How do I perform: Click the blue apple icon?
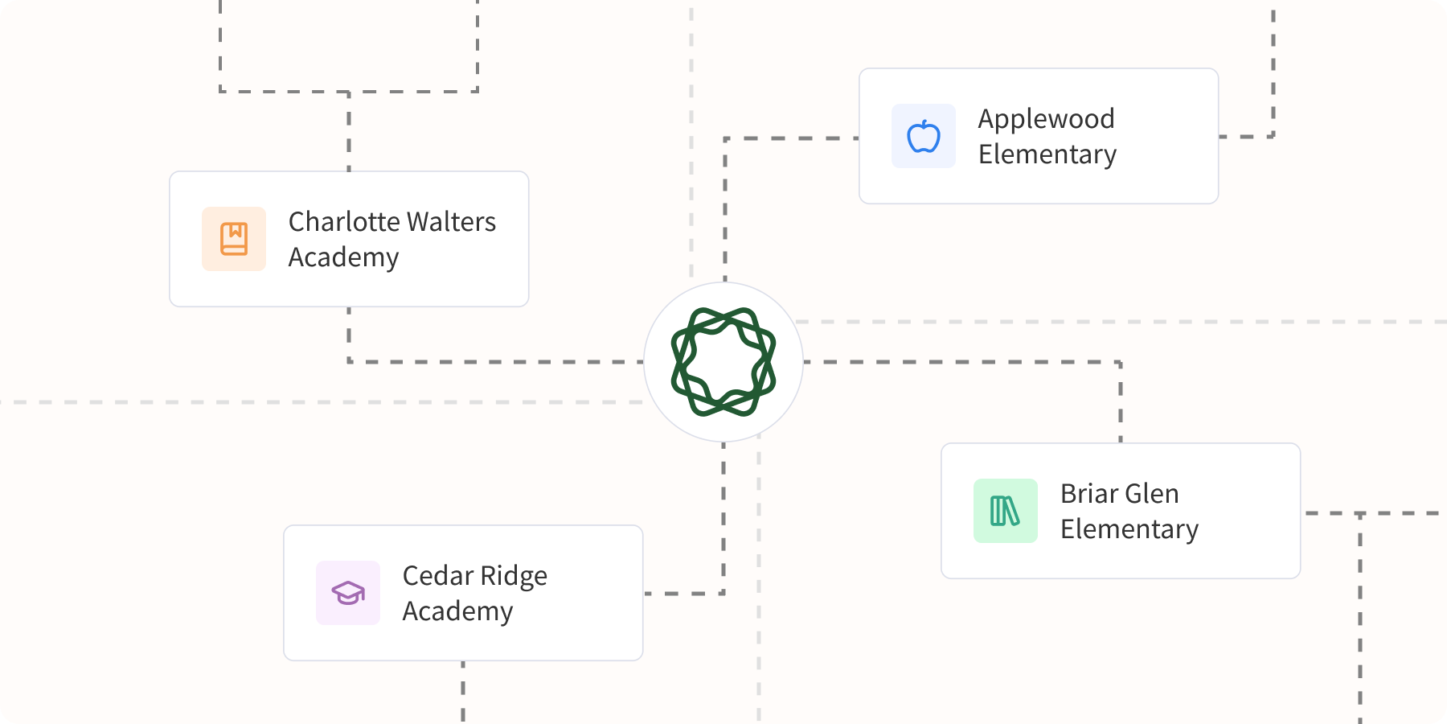924,136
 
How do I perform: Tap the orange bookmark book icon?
234,239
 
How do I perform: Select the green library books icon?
1005,511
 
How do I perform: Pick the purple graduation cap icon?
348,593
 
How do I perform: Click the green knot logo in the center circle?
723,362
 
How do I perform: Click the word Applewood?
1046,119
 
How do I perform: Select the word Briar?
1090,493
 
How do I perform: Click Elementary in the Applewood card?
1047,154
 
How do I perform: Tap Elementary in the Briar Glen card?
1129,529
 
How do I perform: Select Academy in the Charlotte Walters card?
343,257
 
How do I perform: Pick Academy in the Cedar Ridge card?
457,611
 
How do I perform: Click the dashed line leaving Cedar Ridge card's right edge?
683,594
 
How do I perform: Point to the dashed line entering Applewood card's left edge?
796,138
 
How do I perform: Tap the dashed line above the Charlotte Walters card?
349,133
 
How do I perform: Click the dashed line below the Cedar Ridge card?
463,692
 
